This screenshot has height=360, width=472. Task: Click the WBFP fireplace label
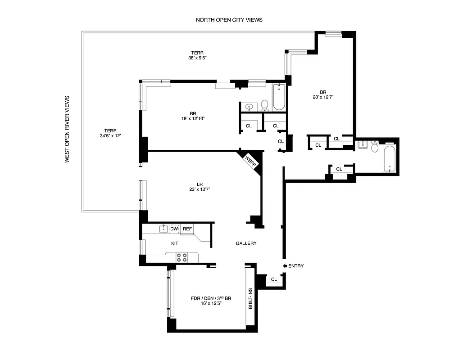pyautogui.click(x=250, y=161)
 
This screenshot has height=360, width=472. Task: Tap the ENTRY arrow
pyautogui.click(x=285, y=266)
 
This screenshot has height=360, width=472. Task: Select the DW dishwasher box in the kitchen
pyautogui.click(x=174, y=229)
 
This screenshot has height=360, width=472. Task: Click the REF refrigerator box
pyautogui.click(x=187, y=229)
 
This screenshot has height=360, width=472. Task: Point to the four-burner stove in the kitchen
pyautogui.click(x=182, y=257)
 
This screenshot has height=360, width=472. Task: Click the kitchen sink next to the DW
pyautogui.click(x=163, y=229)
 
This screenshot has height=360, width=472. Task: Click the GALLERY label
pyautogui.click(x=246, y=243)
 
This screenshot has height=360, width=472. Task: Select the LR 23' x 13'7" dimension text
pyautogui.click(x=200, y=187)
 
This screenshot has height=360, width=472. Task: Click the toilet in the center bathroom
pyautogui.click(x=264, y=105)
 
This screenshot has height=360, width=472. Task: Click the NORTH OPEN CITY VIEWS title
pyautogui.click(x=229, y=20)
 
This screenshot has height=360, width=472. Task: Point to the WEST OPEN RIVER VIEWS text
pyautogui.click(x=67, y=129)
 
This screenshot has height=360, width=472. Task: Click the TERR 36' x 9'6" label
pyautogui.click(x=197, y=55)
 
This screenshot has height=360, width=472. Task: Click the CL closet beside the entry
pyautogui.click(x=274, y=279)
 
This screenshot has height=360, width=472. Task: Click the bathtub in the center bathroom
pyautogui.click(x=279, y=97)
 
